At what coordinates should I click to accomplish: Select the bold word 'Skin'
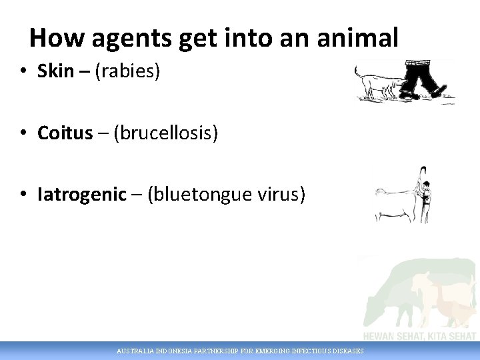(55, 71)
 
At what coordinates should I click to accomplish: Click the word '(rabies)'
(128, 71)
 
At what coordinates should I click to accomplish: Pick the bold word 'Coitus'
(65, 133)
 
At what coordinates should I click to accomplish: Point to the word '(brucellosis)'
(166, 133)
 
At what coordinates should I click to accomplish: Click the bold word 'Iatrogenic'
(82, 195)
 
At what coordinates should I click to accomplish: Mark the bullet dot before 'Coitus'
(23, 134)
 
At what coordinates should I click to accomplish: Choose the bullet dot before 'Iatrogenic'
(23, 195)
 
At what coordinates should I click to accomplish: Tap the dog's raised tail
(357, 70)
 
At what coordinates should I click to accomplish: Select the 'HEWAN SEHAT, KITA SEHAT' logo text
(419, 336)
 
